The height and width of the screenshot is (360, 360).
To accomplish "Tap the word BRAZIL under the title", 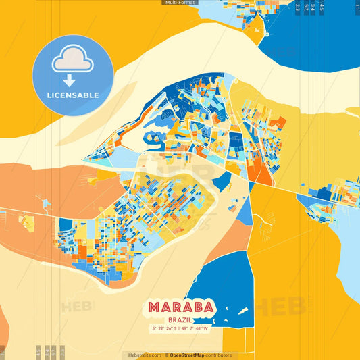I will (180, 320).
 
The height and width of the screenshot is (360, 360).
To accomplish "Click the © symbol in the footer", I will (166, 355).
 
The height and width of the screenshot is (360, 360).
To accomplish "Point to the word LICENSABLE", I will (73, 95).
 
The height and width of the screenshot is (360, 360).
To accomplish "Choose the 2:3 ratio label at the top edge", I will (298, 7).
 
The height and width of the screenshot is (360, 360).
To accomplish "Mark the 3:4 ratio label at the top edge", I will (313, 7).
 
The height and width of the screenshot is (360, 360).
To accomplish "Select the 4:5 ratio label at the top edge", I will (322, 7).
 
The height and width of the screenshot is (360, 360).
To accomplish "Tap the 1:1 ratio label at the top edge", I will (357, 7).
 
